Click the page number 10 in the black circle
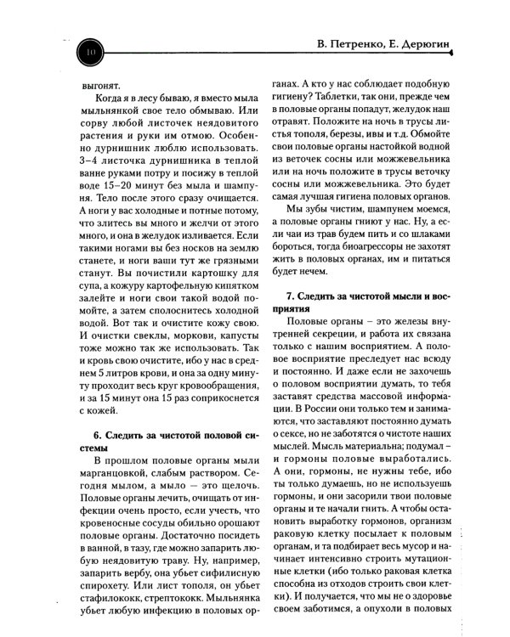88,54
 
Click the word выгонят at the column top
101,86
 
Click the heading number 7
290,298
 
